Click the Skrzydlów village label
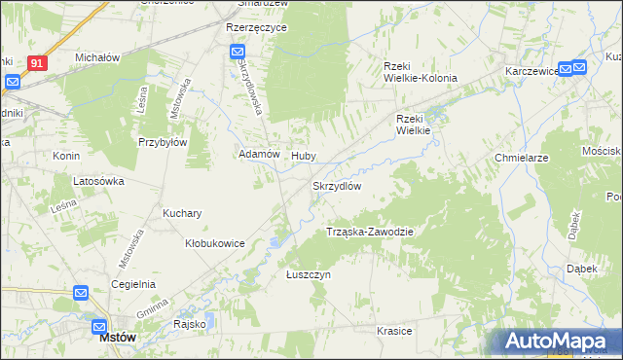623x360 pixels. click(337, 186)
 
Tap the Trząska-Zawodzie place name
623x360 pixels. click(370, 232)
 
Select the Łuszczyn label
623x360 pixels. click(310, 275)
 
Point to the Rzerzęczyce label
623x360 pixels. click(256, 28)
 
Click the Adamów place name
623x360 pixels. click(260, 154)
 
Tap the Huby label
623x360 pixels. click(304, 154)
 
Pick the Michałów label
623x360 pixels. click(97, 57)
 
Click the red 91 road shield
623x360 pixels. click(37, 62)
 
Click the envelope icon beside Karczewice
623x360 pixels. click(579, 67)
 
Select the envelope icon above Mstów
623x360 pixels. click(100, 327)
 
